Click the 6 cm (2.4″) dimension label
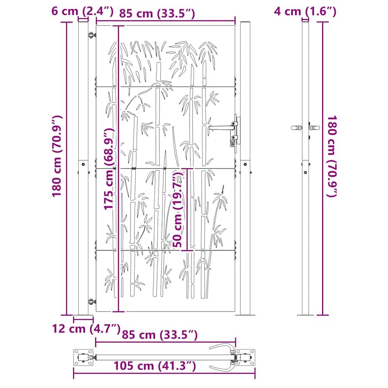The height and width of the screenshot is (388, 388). (x=82, y=11)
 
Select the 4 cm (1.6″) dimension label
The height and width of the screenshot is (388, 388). (x=305, y=11)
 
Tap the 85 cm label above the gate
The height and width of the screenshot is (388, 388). (x=157, y=14)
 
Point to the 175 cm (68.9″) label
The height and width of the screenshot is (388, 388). (x=109, y=169)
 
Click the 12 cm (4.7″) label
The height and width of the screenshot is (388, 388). (x=86, y=329)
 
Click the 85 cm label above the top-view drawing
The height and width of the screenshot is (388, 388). (x=160, y=335)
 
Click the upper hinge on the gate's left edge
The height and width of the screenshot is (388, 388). (x=91, y=35)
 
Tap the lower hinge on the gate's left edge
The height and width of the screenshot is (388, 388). (x=91, y=302)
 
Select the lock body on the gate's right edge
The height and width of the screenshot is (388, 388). (x=235, y=131)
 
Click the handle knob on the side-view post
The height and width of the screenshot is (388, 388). (x=296, y=128)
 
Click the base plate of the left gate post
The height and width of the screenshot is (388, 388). (x=83, y=315)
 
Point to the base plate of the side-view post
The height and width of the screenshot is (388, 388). (x=305, y=315)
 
